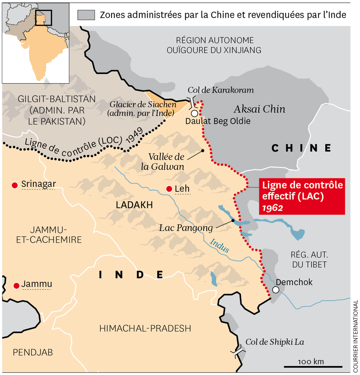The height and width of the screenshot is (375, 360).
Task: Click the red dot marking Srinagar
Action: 15,184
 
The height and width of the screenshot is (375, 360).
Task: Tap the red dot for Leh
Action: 168,189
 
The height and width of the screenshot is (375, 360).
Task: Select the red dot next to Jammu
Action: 16,285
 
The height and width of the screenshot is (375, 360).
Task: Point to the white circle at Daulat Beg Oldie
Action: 194,113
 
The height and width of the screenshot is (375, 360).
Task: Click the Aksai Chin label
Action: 259,109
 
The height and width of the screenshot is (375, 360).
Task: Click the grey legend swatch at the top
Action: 86,15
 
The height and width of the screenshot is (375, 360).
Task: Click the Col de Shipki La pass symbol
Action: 239,351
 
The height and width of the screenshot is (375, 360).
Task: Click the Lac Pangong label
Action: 186,228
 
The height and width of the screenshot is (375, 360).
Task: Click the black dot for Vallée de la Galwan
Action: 202,151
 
